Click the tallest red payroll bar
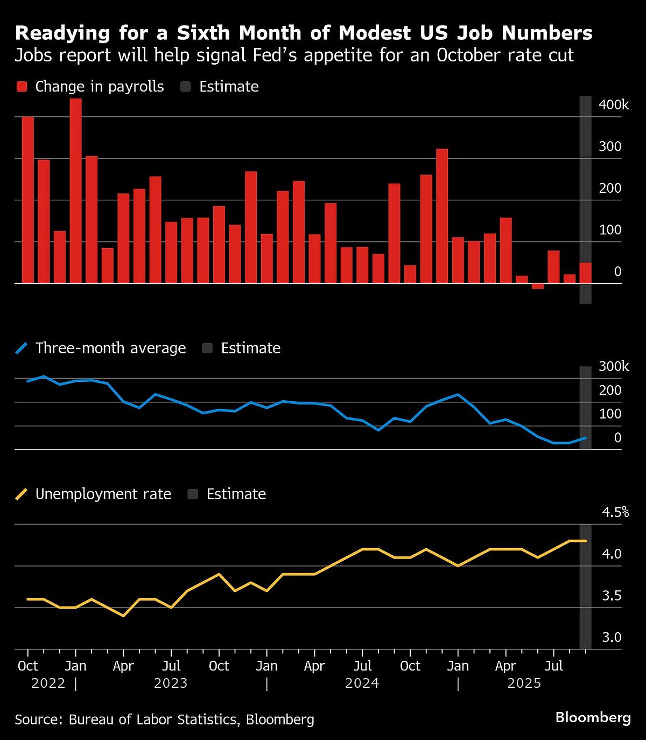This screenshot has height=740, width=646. [x=76, y=191]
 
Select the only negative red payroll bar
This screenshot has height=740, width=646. [x=537, y=286]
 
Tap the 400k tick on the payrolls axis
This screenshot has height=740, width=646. [x=613, y=105]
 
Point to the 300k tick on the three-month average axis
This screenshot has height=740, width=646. [x=613, y=367]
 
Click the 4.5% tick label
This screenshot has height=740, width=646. [x=615, y=512]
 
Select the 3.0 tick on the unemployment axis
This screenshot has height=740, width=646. [x=612, y=638]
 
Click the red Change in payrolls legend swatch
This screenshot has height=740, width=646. [x=22, y=87]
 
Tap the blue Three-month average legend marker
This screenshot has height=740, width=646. [x=22, y=348]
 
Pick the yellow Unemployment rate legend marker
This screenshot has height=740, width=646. [x=22, y=494]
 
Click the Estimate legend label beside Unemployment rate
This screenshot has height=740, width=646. [x=236, y=494]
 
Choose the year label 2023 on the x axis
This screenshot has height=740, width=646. [x=171, y=683]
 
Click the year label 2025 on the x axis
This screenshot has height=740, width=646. [x=524, y=683]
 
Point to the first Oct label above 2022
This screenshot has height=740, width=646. [x=27, y=666]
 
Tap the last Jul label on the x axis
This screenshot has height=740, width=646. [x=553, y=666]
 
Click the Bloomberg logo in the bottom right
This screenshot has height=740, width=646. [x=593, y=718]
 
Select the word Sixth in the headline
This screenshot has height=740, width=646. [x=203, y=33]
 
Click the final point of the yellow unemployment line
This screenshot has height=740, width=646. [x=585, y=541]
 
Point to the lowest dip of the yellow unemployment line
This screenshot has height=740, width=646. [x=124, y=616]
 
